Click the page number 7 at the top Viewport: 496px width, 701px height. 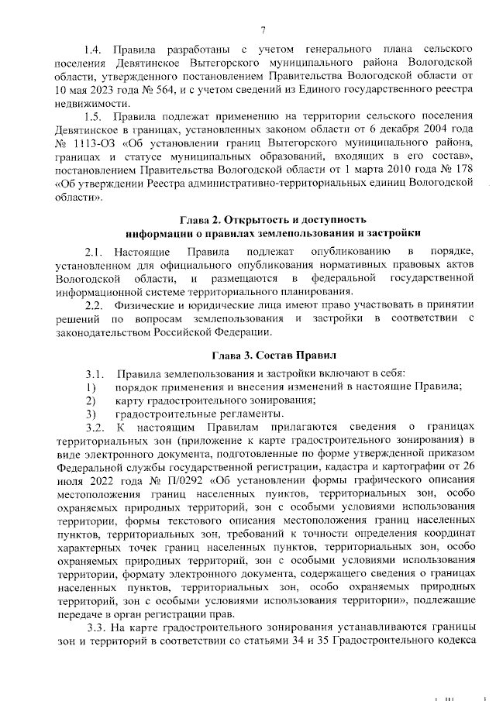click(x=263, y=30)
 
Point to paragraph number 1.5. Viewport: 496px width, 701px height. click(x=94, y=117)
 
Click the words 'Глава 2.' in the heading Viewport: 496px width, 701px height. click(x=204, y=220)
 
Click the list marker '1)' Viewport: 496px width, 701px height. click(x=91, y=386)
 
